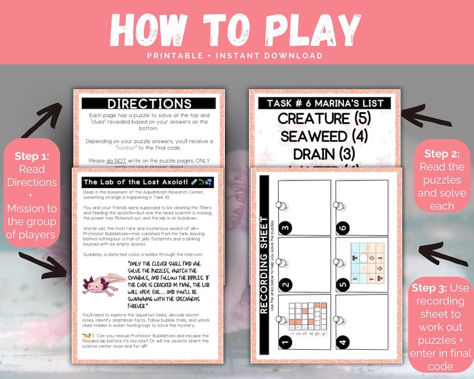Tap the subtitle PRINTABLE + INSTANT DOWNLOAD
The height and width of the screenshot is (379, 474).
pos(237,56)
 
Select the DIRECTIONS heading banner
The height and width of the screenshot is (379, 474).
pos(149,104)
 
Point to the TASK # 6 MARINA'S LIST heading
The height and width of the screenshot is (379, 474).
pos(325,103)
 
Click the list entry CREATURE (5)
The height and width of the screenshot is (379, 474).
pos(325,118)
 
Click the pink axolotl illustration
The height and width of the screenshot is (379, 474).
pos(103,282)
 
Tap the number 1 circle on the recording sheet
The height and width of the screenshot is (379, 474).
pos(285,342)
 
